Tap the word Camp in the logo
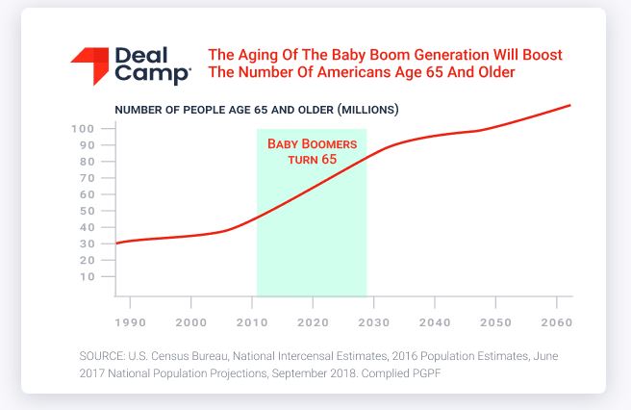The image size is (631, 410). click(x=153, y=74)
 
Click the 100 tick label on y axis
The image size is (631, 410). click(x=83, y=129)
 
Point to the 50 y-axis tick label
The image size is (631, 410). click(x=87, y=211)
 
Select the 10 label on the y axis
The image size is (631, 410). click(x=87, y=276)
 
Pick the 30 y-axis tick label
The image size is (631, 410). click(x=87, y=243)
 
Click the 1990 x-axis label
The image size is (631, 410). click(x=131, y=322)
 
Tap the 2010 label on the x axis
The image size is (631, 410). click(x=252, y=322)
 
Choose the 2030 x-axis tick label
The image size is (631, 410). click(x=374, y=322)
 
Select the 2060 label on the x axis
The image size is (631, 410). click(x=557, y=322)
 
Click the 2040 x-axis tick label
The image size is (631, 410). click(x=435, y=322)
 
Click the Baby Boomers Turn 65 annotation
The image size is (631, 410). click(x=313, y=151)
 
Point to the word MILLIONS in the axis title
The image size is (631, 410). click(x=367, y=110)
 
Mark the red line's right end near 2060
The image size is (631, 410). click(x=570, y=105)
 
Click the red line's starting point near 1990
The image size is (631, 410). click(x=115, y=243)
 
